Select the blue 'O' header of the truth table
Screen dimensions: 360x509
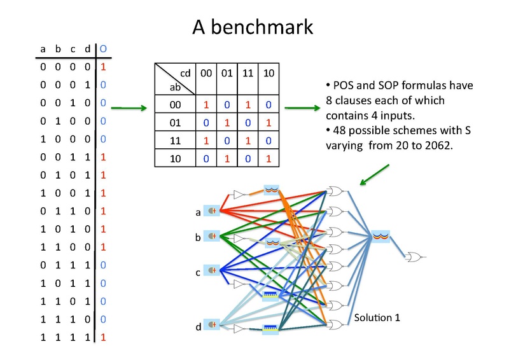click(x=103, y=48)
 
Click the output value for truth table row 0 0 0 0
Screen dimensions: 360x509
click(x=103, y=66)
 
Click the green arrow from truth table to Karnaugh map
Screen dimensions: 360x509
click(x=132, y=108)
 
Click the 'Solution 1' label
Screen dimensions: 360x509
click(x=377, y=316)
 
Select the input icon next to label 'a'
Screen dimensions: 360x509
click(x=211, y=211)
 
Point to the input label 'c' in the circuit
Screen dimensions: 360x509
click(x=197, y=272)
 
